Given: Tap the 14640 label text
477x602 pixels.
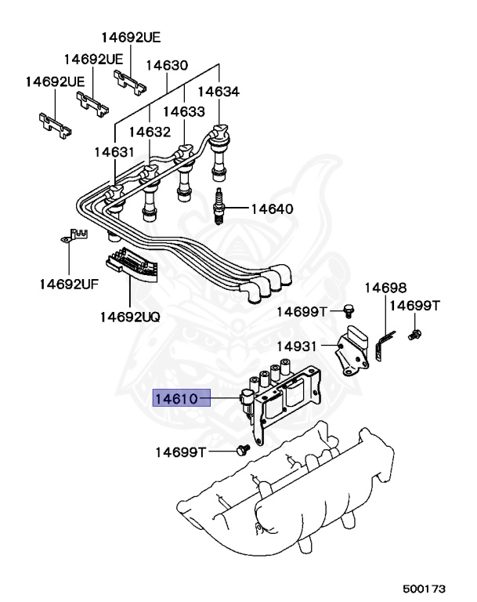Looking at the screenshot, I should [272, 209].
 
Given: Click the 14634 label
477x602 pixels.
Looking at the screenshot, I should [218, 92].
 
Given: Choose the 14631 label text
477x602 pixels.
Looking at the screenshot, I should [115, 151].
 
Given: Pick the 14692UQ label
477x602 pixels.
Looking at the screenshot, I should [129, 317].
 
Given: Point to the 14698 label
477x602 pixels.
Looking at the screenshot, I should [385, 288].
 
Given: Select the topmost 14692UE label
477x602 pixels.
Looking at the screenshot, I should [130, 37].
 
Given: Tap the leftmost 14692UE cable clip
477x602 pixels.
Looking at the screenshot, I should [54, 120].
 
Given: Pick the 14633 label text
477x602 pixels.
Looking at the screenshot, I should [183, 112].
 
